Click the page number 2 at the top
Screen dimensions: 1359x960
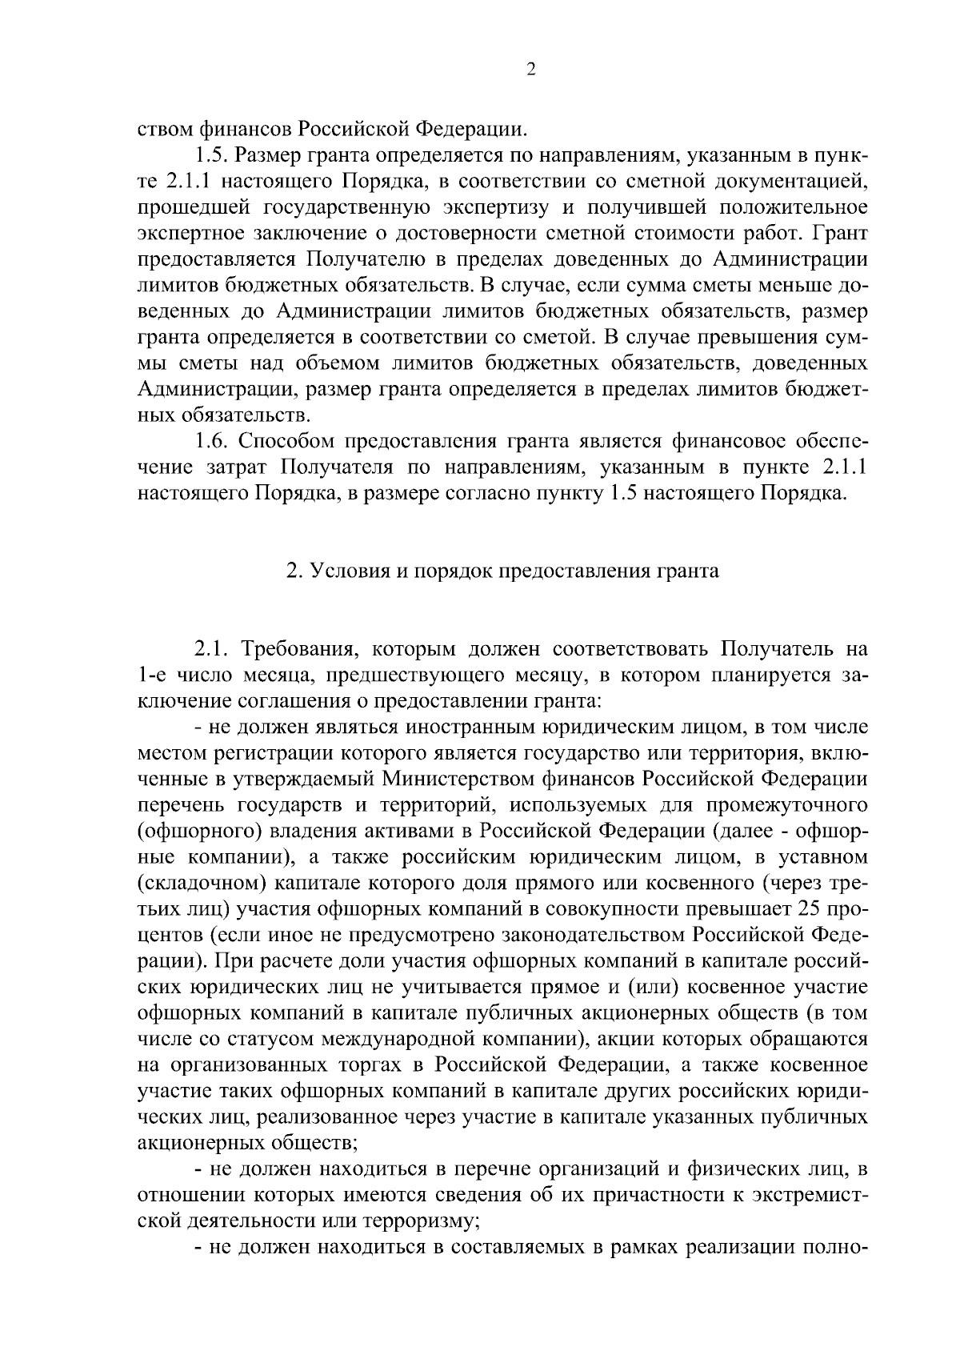pyautogui.click(x=531, y=70)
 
